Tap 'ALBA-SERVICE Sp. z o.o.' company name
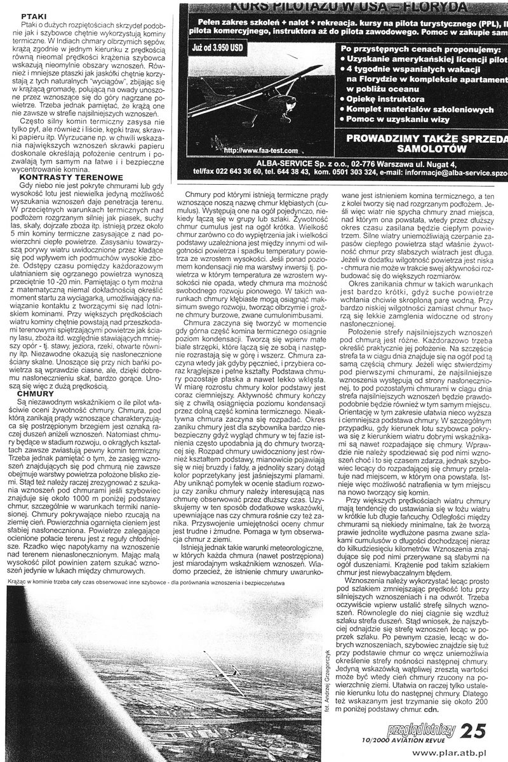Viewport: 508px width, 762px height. pyautogui.click(x=267, y=163)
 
